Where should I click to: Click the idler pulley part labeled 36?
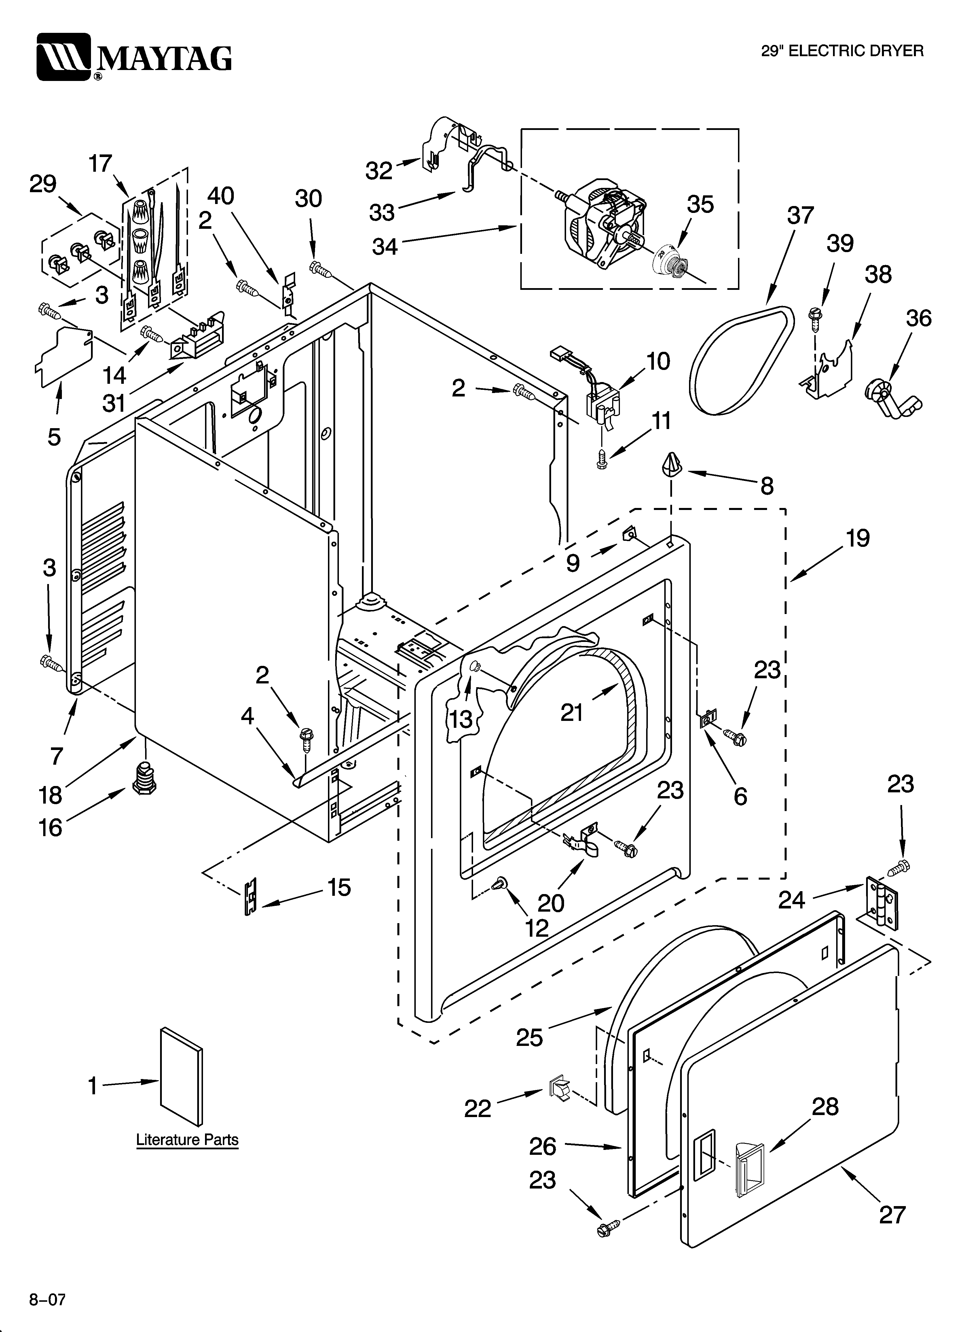[891, 399]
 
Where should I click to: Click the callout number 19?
[858, 539]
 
